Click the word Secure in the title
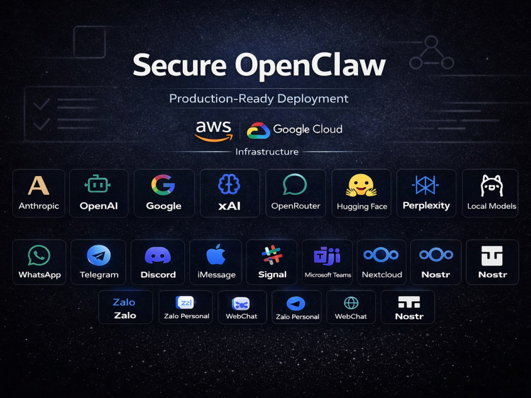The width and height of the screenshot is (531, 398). pyautogui.click(x=179, y=65)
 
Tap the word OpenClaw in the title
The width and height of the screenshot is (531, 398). pyautogui.click(x=311, y=66)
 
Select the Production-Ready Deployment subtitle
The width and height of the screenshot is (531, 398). pyautogui.click(x=259, y=99)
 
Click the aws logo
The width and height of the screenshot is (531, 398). pyautogui.click(x=213, y=131)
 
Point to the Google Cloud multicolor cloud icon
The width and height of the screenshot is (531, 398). pyautogui.click(x=259, y=131)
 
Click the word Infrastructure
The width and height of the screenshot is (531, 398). pyautogui.click(x=267, y=152)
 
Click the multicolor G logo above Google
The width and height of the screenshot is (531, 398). pyautogui.click(x=163, y=185)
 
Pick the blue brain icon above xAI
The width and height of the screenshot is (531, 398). pyautogui.click(x=229, y=184)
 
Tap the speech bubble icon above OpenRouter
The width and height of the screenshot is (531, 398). pyautogui.click(x=295, y=185)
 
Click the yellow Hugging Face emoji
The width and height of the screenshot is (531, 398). pyautogui.click(x=361, y=185)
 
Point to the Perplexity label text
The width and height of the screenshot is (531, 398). pyautogui.click(x=426, y=205)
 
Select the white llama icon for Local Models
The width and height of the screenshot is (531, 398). pyautogui.click(x=492, y=185)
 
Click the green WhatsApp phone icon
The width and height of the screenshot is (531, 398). pyautogui.click(x=39, y=256)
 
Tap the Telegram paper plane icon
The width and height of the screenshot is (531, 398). pyautogui.click(x=99, y=255)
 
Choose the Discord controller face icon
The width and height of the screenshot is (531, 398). pyautogui.click(x=158, y=255)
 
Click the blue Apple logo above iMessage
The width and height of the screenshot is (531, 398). pyautogui.click(x=216, y=254)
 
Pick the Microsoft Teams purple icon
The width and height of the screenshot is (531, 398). pyautogui.click(x=327, y=256)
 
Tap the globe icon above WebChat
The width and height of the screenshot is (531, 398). pyautogui.click(x=351, y=303)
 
